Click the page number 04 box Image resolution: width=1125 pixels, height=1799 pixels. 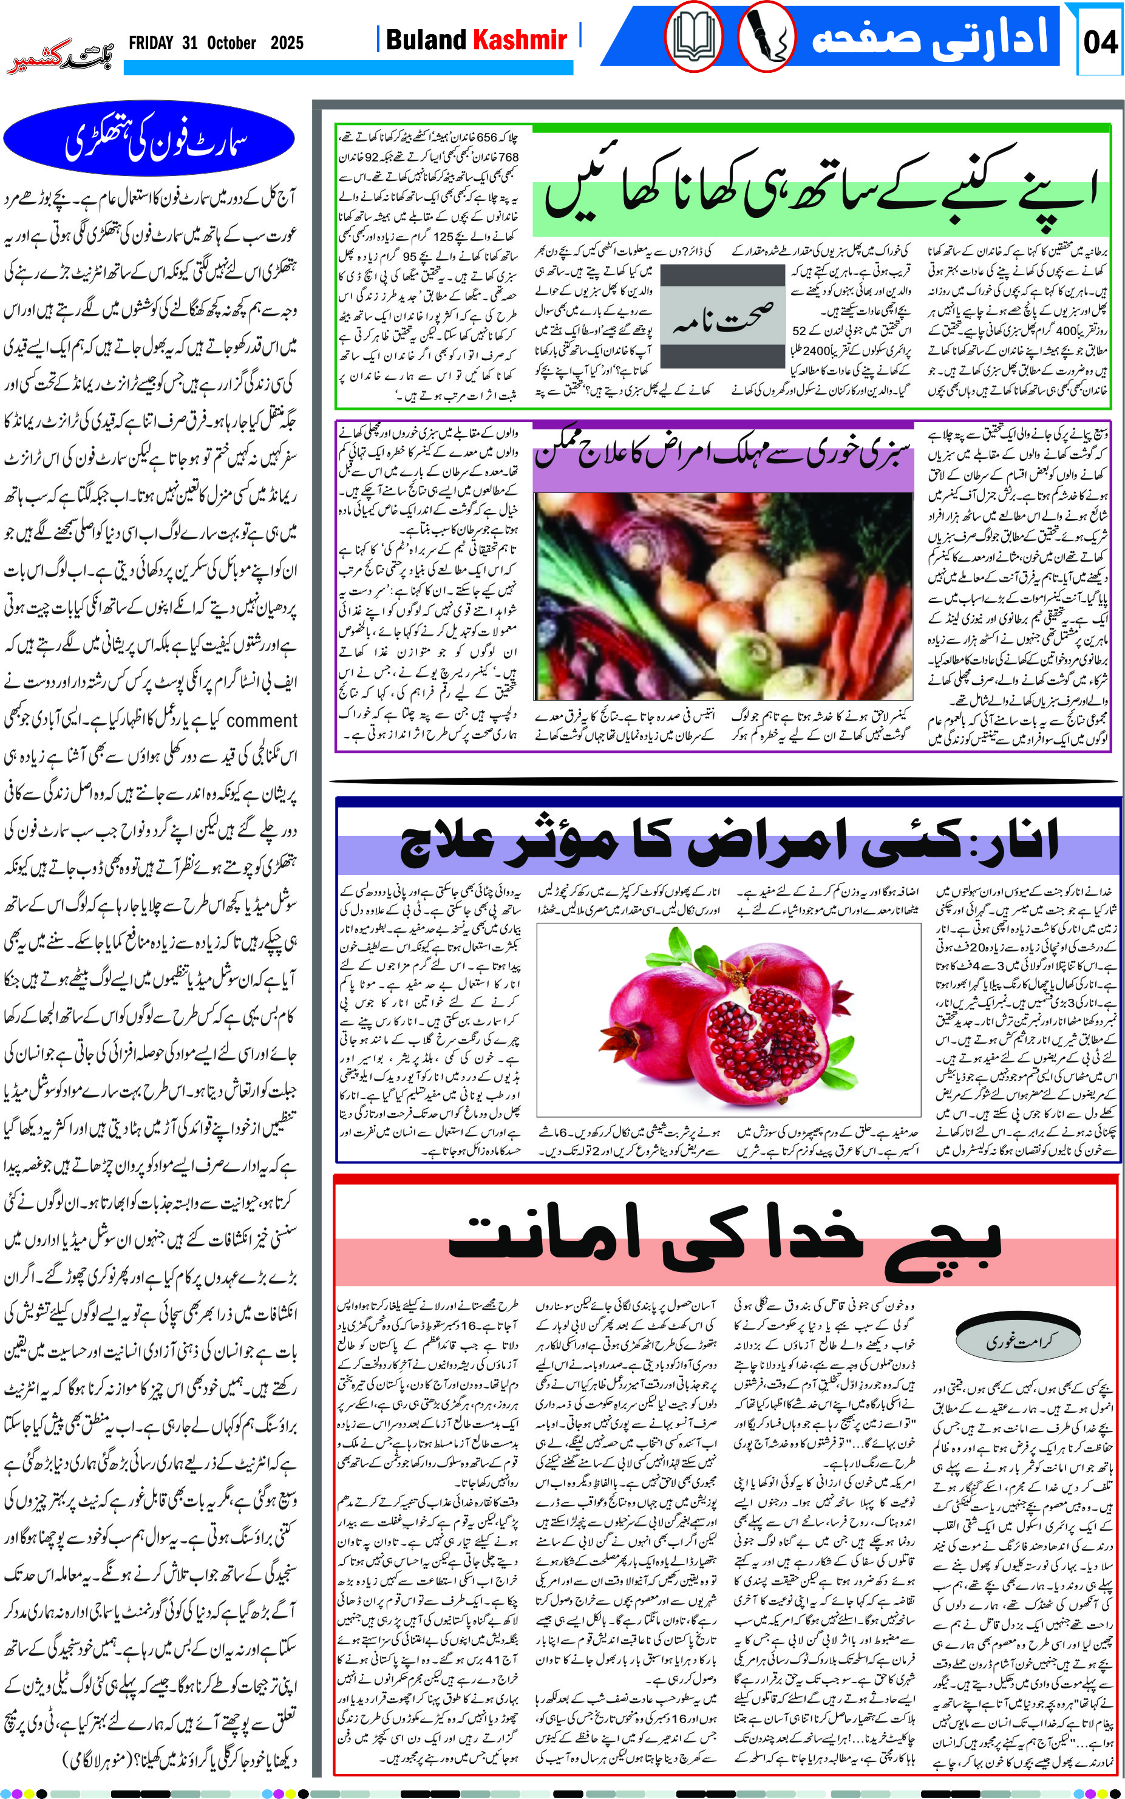(x=1099, y=40)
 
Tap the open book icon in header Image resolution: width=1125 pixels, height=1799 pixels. (x=693, y=36)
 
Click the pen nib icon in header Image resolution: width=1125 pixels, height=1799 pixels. (x=766, y=36)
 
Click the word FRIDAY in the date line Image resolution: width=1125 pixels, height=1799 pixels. (x=151, y=43)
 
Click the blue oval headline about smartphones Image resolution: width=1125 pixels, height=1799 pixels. (x=149, y=138)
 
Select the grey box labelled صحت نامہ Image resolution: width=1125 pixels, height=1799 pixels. (x=722, y=316)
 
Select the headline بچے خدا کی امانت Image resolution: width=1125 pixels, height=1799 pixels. (x=726, y=1239)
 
